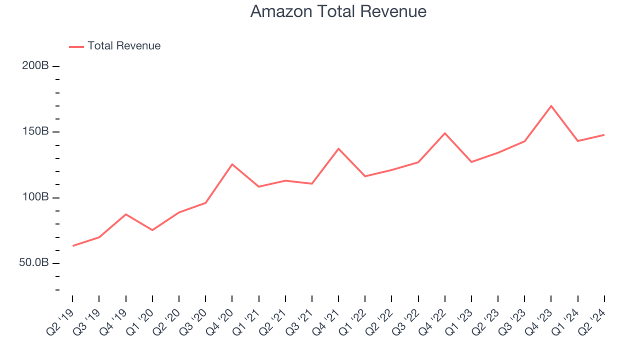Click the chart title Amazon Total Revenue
(338, 11)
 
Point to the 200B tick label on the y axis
(35, 66)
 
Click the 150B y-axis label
(35, 131)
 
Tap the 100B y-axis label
(35, 197)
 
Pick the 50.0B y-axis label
(33, 263)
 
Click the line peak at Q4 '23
(551, 106)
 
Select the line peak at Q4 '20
(232, 164)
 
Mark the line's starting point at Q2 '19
(73, 245)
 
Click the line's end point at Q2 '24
(604, 135)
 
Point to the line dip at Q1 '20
(152, 230)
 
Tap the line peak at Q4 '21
(338, 148)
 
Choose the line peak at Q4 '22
(444, 133)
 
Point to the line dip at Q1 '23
(471, 162)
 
